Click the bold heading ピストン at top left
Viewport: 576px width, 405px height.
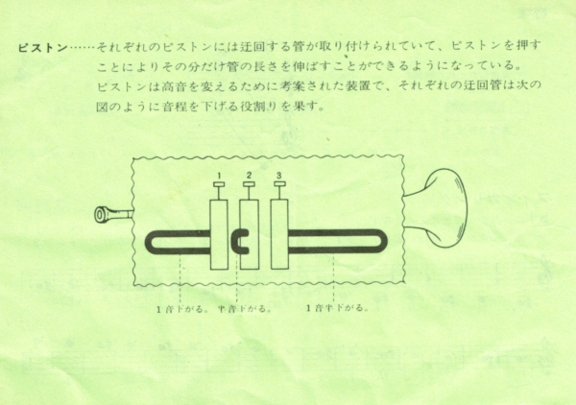pyautogui.click(x=39, y=46)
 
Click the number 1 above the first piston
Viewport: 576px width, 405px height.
pyautogui.click(x=219, y=174)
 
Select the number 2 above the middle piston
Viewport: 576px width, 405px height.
pyautogui.click(x=249, y=174)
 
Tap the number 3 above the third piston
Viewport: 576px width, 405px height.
pyautogui.click(x=278, y=174)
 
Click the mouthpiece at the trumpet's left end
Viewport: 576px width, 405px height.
pyautogui.click(x=108, y=216)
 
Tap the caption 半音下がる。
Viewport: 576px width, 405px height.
pyautogui.click(x=245, y=309)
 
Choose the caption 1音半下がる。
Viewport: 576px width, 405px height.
pyautogui.click(x=336, y=309)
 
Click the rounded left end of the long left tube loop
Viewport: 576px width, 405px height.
pyautogui.click(x=152, y=242)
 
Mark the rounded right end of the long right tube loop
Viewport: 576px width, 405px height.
pyautogui.click(x=387, y=242)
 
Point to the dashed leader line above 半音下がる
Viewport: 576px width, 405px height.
pyautogui.click(x=236, y=283)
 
